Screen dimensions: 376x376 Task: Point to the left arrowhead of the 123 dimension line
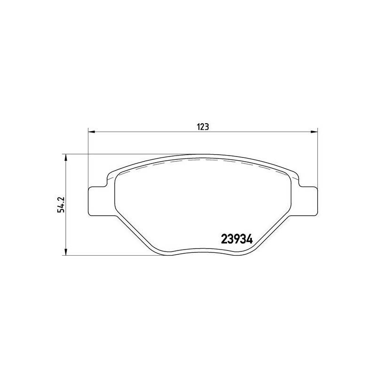point(91,132)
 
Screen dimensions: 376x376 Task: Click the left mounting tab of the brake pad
point(98,201)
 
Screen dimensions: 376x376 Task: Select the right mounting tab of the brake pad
point(308,201)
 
